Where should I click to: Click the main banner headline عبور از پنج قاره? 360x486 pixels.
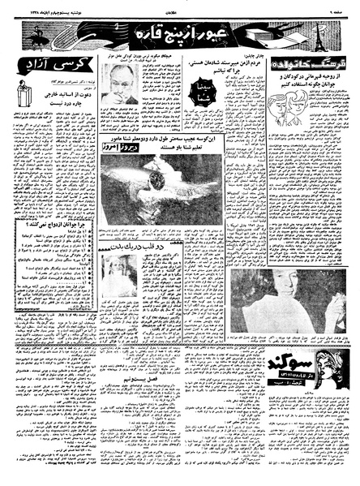[x=181, y=36]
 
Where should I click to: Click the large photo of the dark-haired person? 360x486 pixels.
[x=267, y=295]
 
